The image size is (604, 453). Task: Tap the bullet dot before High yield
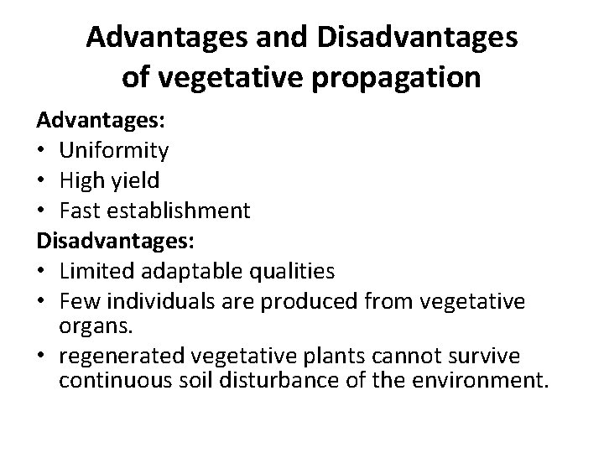pos(41,181)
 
